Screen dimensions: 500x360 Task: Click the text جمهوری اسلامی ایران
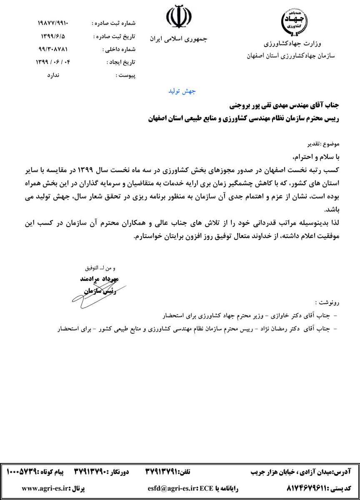[x=178, y=39]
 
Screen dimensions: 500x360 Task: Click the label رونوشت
[x=328, y=302]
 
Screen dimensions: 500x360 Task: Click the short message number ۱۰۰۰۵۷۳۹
[x=24, y=471]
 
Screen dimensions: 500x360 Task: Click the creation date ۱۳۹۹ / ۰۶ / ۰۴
[x=55, y=62]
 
